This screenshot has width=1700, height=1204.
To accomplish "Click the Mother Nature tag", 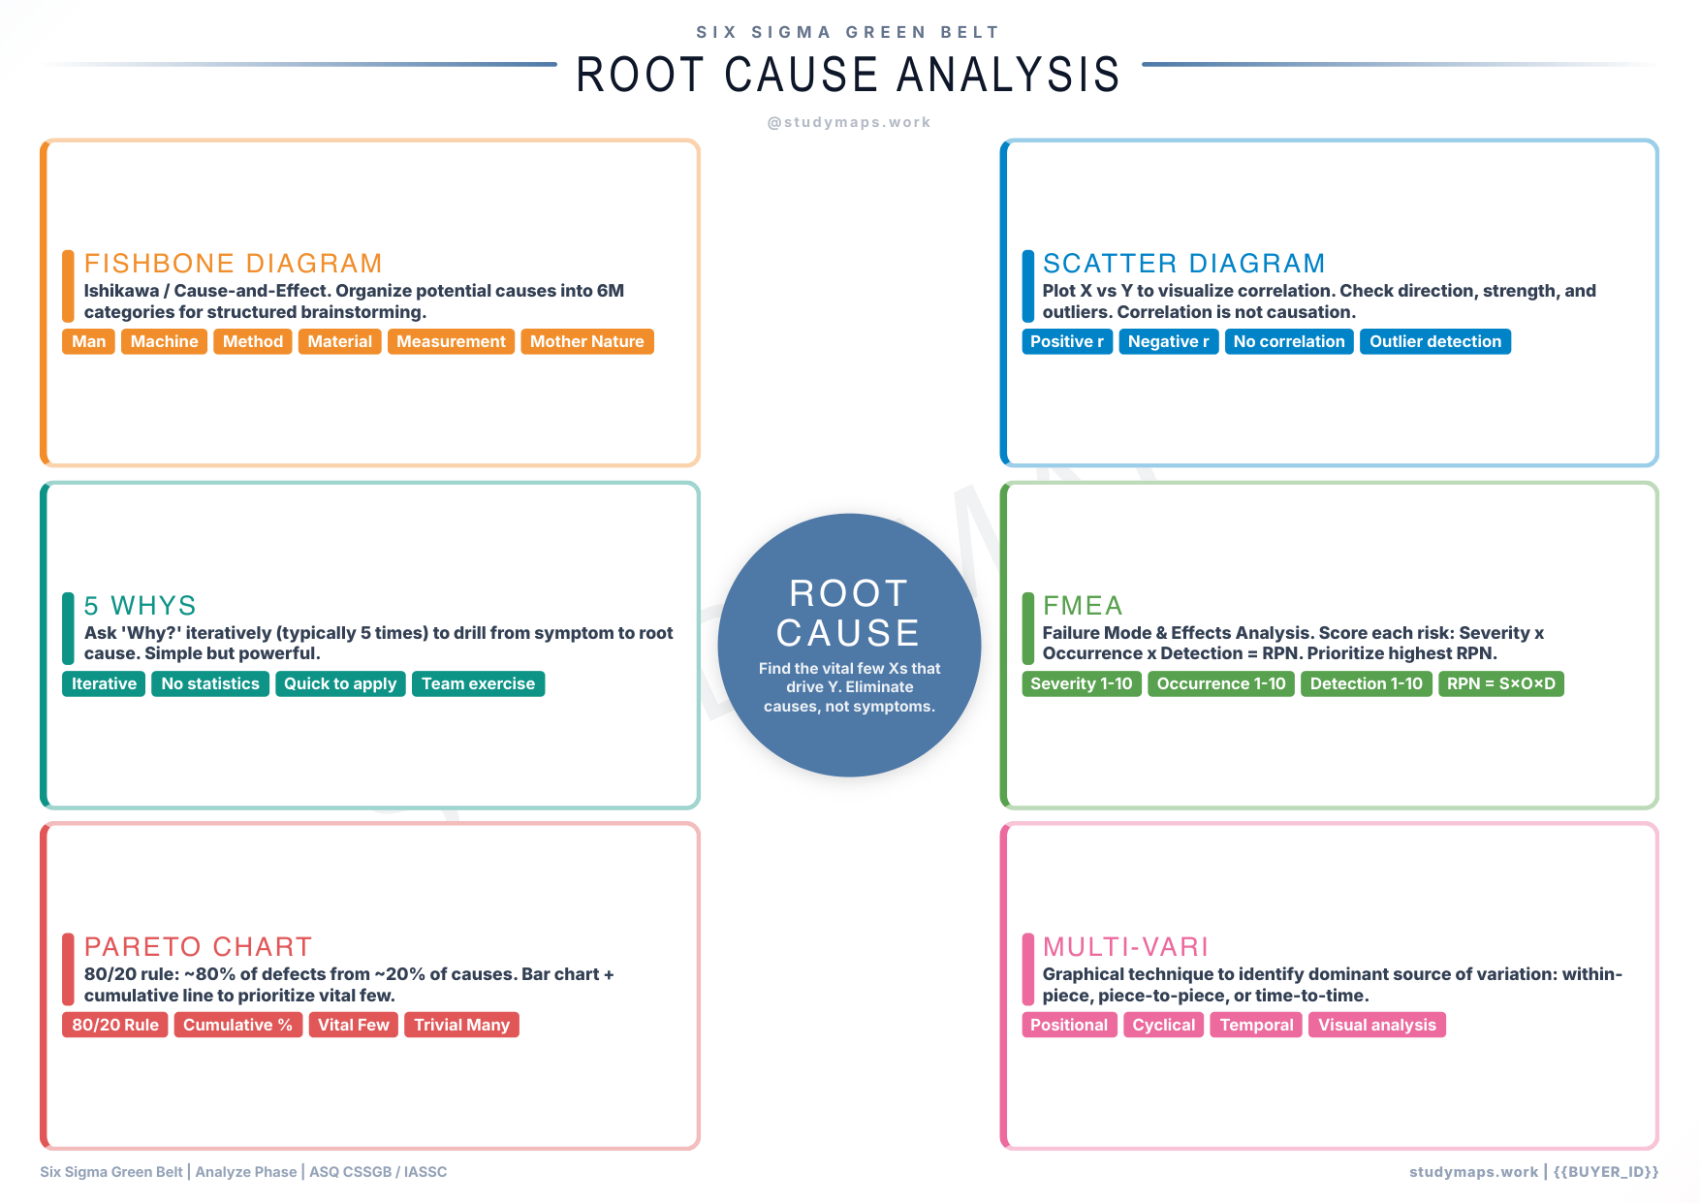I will click(x=586, y=341).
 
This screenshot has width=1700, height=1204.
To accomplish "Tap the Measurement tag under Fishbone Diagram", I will click(x=451, y=341).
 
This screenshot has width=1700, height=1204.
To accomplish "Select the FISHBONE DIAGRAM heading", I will click(x=233, y=264).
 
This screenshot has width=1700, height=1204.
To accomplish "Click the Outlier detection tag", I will click(x=1434, y=341).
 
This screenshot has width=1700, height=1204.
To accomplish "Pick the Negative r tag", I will click(x=1168, y=341).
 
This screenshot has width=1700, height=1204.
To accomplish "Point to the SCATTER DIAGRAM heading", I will click(x=1183, y=264).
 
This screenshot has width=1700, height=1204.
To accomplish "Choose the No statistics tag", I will click(x=210, y=683).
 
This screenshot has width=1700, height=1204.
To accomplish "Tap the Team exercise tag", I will click(x=478, y=683).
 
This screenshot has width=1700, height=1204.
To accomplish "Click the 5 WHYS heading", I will click(x=140, y=606).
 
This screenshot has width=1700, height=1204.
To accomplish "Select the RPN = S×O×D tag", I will click(x=1500, y=683).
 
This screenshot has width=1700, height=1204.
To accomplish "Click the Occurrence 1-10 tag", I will click(x=1220, y=683).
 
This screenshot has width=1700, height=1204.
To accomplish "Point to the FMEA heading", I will click(x=1082, y=606).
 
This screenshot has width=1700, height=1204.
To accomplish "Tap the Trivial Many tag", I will click(x=461, y=1025).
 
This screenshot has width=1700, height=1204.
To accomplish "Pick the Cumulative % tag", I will click(x=237, y=1025).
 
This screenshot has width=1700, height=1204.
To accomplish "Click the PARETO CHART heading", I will click(x=198, y=947).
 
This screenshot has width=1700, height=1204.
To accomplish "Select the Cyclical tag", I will click(x=1163, y=1025).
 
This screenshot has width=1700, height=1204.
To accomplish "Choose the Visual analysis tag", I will click(x=1376, y=1025).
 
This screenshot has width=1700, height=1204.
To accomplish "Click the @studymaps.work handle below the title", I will click(x=848, y=122).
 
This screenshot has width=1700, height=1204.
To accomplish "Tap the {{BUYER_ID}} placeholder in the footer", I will click(x=1606, y=1172).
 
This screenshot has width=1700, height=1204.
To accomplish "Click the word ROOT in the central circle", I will click(x=848, y=593).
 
